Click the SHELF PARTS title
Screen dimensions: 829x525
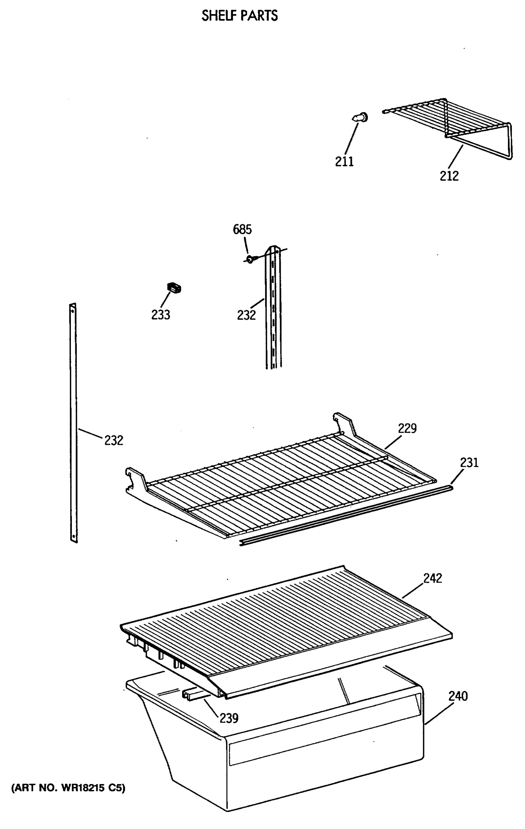coord(240,16)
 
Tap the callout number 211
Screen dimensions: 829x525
coord(344,162)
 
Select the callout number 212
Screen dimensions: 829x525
coord(449,176)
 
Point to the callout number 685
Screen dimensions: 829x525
coord(242,229)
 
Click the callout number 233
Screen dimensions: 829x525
coord(161,315)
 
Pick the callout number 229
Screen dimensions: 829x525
coord(407,429)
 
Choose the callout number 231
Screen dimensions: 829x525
coord(469,463)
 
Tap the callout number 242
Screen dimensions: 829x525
coord(433,578)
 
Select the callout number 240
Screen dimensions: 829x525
coord(458,696)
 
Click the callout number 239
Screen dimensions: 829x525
coord(229,718)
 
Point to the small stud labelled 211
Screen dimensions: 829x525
coord(360,118)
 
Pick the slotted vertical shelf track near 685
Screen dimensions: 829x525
coord(273,311)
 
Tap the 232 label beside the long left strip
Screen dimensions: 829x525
coord(114,440)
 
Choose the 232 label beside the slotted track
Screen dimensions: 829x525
coord(246,315)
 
